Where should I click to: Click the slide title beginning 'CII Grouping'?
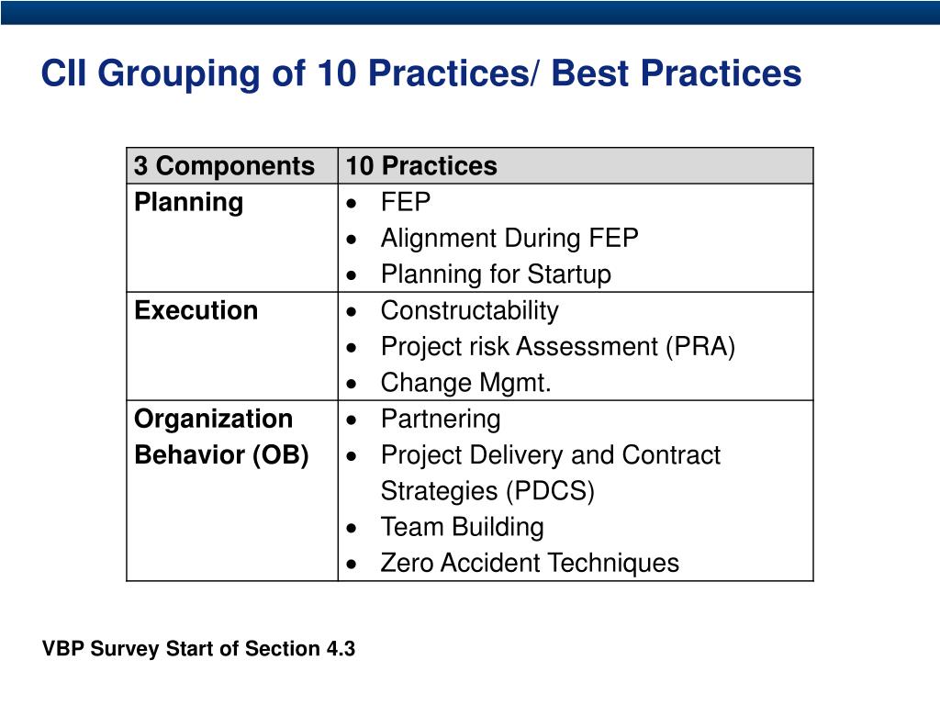pyautogui.click(x=421, y=74)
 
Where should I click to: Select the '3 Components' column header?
pyautogui.click(x=224, y=166)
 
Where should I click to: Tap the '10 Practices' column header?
pyautogui.click(x=421, y=166)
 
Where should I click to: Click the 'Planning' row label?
pyautogui.click(x=188, y=202)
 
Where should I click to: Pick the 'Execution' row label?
pyautogui.click(x=196, y=310)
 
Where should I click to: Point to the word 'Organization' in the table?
pyautogui.click(x=213, y=419)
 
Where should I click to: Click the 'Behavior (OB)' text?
pyautogui.click(x=221, y=455)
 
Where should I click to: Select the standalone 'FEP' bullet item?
pyautogui.click(x=405, y=202)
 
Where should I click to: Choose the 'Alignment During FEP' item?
pyautogui.click(x=509, y=239)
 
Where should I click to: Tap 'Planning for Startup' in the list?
pyautogui.click(x=495, y=274)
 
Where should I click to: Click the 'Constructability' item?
pyautogui.click(x=469, y=310)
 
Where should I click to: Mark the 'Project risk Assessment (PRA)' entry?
pyautogui.click(x=557, y=347)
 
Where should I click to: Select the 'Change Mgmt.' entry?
pyautogui.click(x=465, y=383)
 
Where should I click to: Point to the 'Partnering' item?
pyautogui.click(x=441, y=420)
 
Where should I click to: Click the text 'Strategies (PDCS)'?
pyautogui.click(x=487, y=491)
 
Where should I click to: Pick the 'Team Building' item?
pyautogui.click(x=462, y=527)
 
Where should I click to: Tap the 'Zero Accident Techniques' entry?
pyautogui.click(x=530, y=563)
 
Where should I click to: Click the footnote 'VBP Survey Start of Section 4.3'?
pyautogui.click(x=198, y=649)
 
